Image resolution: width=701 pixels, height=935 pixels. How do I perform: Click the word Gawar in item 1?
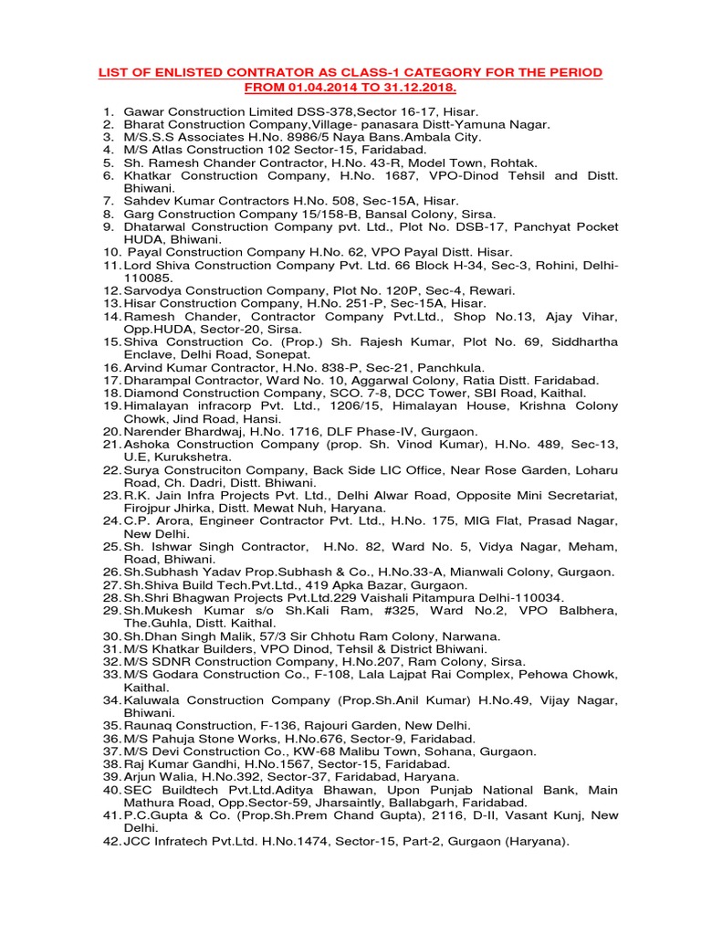tap(145, 110)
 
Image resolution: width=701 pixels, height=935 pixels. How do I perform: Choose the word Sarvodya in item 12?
tap(152, 289)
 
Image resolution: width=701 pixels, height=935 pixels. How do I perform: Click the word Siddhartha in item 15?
tap(582, 341)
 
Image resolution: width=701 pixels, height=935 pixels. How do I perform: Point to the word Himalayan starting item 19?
tap(156, 405)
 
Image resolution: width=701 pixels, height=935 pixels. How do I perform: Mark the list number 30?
tap(111, 636)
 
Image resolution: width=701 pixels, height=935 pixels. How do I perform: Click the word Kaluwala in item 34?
tap(153, 699)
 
